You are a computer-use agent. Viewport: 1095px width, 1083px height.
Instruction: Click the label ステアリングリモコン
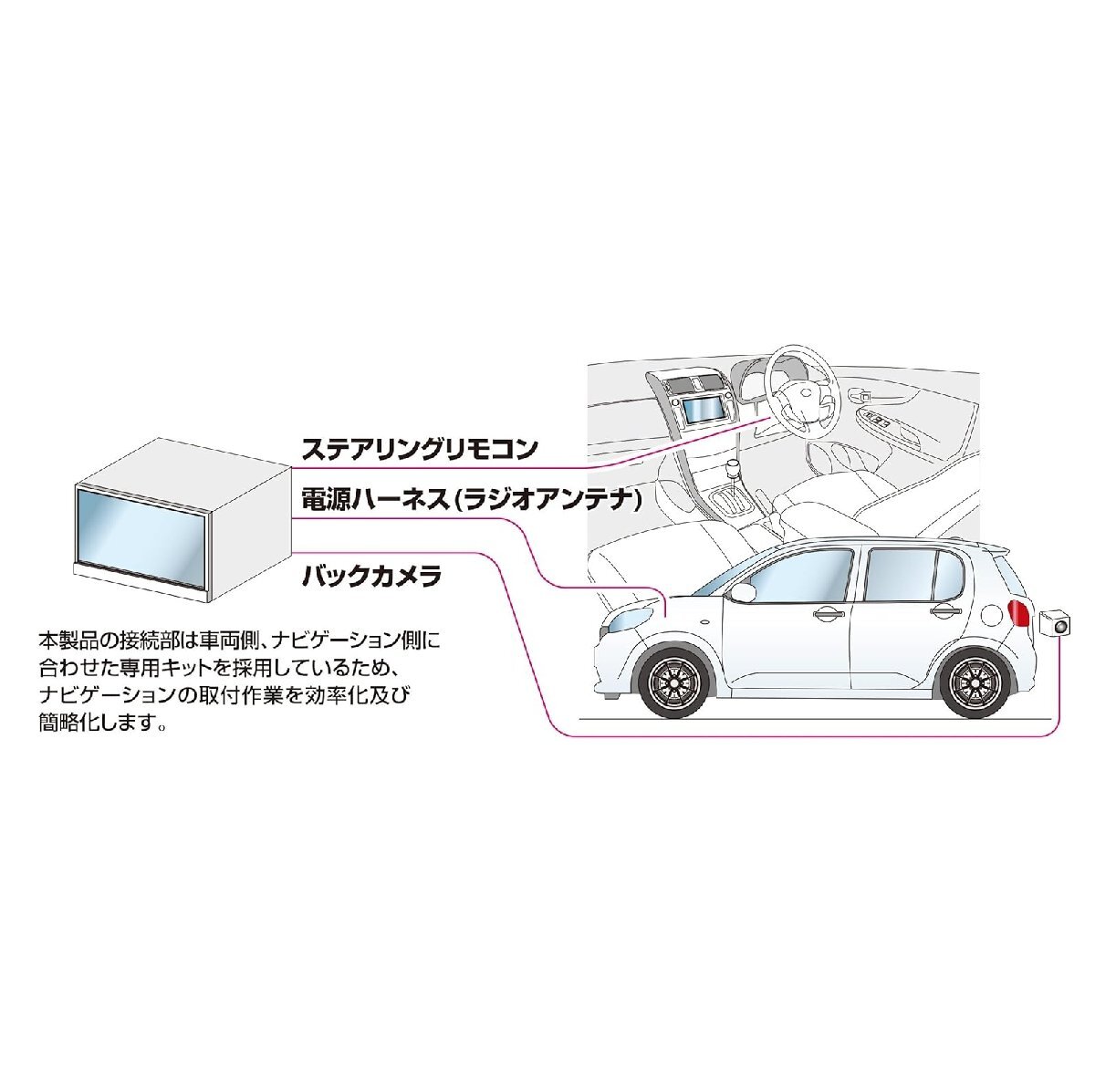pyautogui.click(x=420, y=449)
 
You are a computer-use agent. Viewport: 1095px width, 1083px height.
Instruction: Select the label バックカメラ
pyautogui.click(x=371, y=577)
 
